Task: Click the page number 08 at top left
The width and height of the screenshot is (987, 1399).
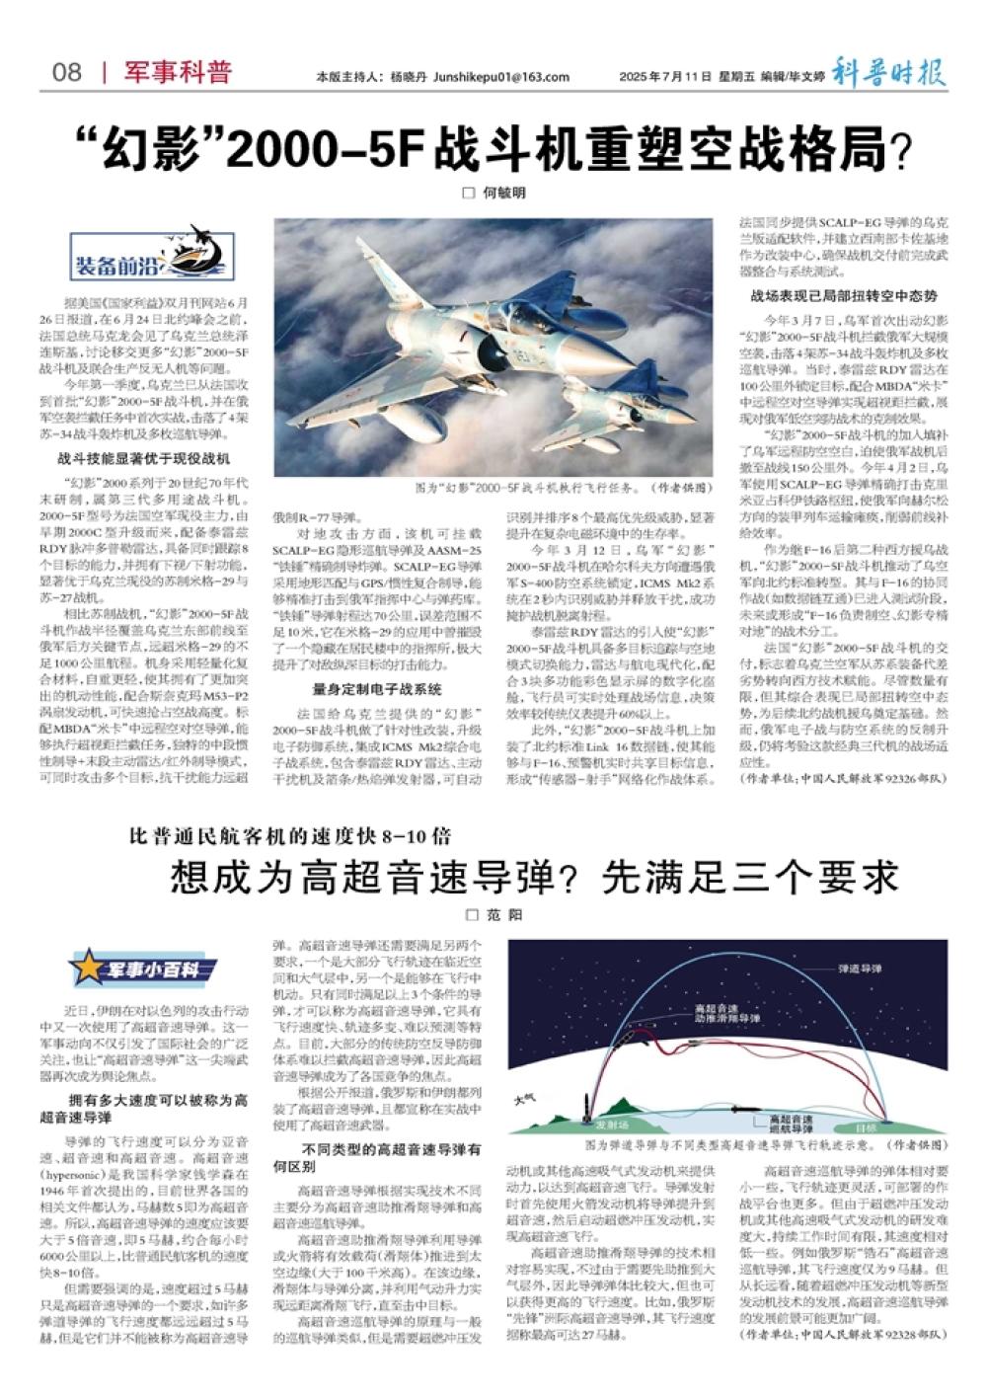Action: click(x=67, y=73)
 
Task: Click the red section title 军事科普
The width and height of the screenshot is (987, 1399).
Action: click(x=178, y=72)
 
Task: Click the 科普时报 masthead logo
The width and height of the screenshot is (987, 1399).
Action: click(x=887, y=72)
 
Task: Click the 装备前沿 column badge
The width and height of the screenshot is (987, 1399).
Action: click(x=152, y=254)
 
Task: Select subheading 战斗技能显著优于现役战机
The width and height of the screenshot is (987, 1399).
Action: click(x=144, y=459)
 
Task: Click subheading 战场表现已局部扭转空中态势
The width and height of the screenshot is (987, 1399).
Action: click(x=844, y=295)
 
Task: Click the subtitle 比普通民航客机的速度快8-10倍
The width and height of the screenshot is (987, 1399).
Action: click(x=291, y=837)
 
